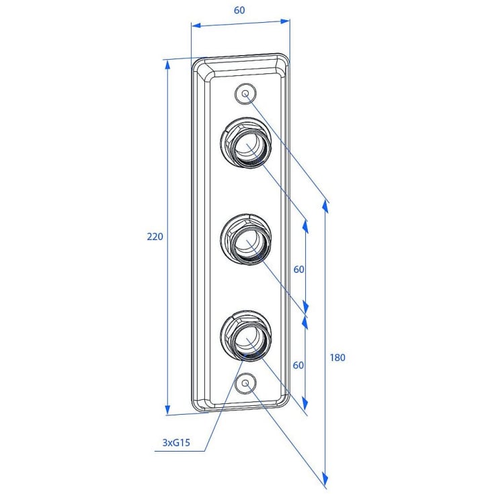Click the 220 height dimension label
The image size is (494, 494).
click(x=155, y=237)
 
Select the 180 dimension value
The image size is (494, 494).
click(x=337, y=358)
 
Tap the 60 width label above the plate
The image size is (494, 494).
click(x=239, y=10)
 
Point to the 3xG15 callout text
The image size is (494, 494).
click(x=176, y=443)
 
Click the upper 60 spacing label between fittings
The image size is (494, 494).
click(x=299, y=270)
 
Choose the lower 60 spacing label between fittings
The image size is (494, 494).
click(x=298, y=365)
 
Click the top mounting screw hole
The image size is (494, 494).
click(x=245, y=93)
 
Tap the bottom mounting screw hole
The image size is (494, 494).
click(x=246, y=383)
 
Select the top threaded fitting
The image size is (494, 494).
click(x=245, y=142)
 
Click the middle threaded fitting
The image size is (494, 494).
click(x=246, y=239)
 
